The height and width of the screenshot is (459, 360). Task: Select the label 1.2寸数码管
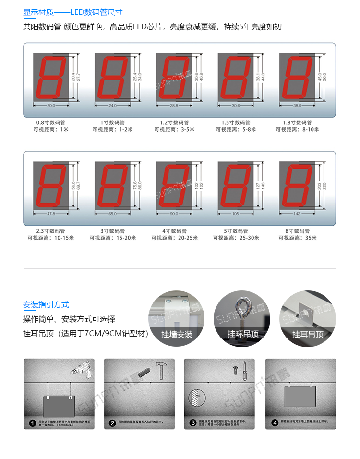[174, 122]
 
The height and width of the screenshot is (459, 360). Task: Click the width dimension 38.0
[297, 105]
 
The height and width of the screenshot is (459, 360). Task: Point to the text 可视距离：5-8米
[236, 129]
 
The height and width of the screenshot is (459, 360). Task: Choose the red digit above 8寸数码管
[297, 185]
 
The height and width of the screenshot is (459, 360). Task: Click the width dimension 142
[297, 214]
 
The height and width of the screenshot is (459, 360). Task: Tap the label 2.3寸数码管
[51, 231]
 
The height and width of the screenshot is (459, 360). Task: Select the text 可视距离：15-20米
[113, 238]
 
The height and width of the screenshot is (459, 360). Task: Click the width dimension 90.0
[174, 214]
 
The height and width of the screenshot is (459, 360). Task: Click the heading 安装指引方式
[46, 304]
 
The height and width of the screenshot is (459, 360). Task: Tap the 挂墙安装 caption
[177, 334]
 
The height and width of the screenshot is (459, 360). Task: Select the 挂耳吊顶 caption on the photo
[308, 334]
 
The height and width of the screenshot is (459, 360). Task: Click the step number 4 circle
[275, 423]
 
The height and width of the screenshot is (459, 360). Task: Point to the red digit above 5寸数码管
[236, 185]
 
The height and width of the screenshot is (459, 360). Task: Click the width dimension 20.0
[51, 105]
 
